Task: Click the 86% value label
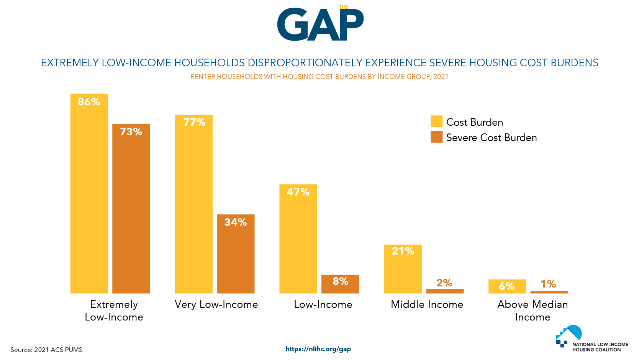point(89,102)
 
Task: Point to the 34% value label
point(235,222)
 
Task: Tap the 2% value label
point(444,283)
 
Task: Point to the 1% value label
point(548,284)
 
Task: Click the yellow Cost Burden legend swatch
point(436,122)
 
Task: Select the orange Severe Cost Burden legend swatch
point(436,137)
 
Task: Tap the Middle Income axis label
point(427,304)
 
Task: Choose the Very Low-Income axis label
point(216,304)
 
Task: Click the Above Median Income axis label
point(532,311)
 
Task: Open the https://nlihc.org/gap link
point(318,349)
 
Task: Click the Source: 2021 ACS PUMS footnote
point(46,350)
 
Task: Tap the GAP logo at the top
point(320,24)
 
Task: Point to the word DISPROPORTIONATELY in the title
point(305,63)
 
